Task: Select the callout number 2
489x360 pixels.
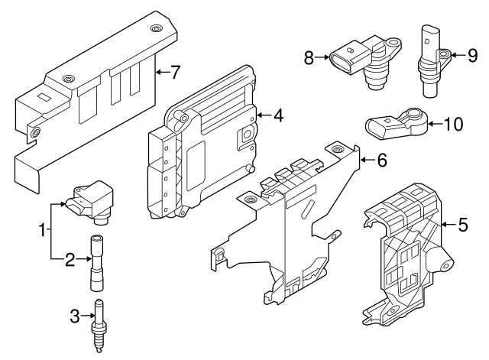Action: coord(70,260)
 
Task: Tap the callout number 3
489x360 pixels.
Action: coord(74,313)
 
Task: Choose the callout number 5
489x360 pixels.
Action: coord(463,225)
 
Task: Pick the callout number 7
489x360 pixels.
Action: coord(175,73)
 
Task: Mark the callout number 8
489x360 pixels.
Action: coord(309,57)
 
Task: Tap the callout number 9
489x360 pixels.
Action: coord(472,54)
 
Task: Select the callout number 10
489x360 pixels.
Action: coord(453,124)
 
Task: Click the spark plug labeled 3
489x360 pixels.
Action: coord(99,323)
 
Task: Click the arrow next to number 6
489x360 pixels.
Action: coord(366,160)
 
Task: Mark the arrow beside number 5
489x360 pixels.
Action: coord(447,225)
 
